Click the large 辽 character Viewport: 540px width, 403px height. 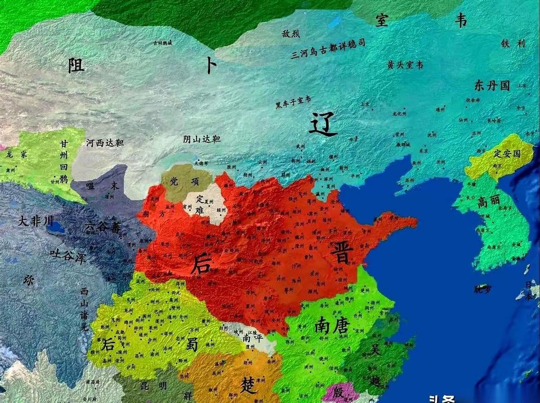click(x=323, y=124)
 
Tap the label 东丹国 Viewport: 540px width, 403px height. click(x=492, y=85)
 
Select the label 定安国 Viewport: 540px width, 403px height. click(x=507, y=153)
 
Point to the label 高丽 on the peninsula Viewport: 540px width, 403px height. click(x=488, y=202)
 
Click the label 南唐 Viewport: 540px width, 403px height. click(x=333, y=326)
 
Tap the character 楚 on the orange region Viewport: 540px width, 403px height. click(x=248, y=385)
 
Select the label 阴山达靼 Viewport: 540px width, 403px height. click(x=202, y=139)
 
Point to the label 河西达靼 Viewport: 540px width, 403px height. click(x=105, y=143)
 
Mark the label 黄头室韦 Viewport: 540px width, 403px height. click(x=405, y=65)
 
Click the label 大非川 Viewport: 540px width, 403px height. click(x=36, y=220)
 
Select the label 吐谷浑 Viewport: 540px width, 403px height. click(x=67, y=257)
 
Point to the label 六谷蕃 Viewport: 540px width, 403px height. click(x=103, y=228)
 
